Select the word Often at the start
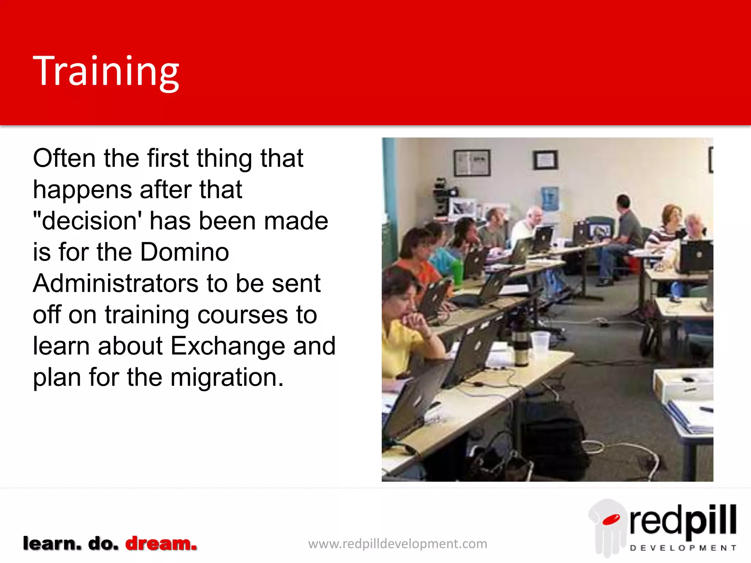[x=64, y=159]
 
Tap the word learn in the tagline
[x=52, y=543]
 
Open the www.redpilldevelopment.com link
[x=398, y=544]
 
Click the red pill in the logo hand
[x=611, y=519]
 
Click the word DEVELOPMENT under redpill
[x=683, y=548]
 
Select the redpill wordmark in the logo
[x=683, y=520]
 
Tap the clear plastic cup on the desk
[x=540, y=343]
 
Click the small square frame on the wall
[x=545, y=160]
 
